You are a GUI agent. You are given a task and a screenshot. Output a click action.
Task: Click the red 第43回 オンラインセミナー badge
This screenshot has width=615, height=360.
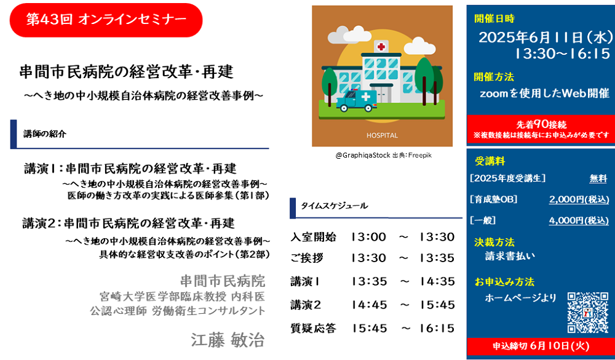pos(106,20)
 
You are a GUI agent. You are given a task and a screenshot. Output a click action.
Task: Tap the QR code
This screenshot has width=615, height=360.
pos(587,313)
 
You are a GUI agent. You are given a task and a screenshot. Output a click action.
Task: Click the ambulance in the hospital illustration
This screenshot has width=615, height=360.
pos(357,100)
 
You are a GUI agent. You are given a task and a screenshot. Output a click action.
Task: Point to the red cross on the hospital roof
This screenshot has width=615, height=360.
pos(381,47)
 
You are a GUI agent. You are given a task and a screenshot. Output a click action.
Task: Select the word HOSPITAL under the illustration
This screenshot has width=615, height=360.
pos(382,135)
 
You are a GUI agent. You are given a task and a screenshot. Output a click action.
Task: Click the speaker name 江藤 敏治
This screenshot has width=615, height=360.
pos(228,340)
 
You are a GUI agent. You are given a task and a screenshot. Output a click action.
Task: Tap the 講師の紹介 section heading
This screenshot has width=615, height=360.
pos(45,134)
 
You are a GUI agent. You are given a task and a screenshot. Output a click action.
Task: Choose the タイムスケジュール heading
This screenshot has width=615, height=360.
pos(334,206)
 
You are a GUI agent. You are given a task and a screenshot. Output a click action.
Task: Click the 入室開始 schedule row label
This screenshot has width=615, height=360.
pos(313,237)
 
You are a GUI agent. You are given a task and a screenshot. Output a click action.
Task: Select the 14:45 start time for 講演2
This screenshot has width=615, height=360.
pos(369,305)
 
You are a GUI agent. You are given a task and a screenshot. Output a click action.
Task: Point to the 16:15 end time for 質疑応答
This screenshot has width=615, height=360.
pos(437,328)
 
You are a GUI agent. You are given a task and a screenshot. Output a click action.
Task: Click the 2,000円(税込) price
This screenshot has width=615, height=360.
pos(579,199)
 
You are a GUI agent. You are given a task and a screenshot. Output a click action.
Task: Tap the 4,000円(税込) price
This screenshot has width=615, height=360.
pos(579,221)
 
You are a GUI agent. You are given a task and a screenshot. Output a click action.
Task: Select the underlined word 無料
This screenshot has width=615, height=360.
pos(598,178)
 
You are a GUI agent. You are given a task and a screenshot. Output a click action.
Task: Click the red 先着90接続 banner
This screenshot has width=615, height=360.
pos(541,129)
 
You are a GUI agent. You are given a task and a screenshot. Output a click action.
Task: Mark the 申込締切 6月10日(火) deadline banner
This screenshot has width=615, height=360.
pos(541,346)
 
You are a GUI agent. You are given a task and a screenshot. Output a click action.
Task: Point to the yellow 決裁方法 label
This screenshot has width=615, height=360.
pos(494,242)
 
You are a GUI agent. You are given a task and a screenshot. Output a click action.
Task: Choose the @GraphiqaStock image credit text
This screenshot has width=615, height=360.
pos(363,156)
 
